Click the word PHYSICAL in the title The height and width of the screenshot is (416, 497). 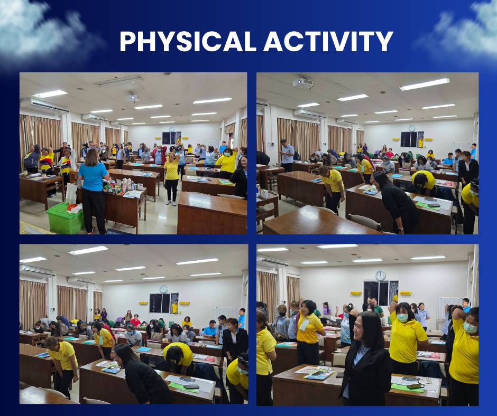(x=188, y=42)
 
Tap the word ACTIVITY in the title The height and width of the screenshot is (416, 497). (x=328, y=42)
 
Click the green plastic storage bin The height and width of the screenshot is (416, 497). (x=65, y=219)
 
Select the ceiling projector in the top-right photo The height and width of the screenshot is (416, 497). (x=303, y=83)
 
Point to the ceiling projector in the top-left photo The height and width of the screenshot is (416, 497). (x=132, y=97)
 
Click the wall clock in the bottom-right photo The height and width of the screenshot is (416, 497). (x=380, y=275)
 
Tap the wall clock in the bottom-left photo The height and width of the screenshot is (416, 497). (x=163, y=289)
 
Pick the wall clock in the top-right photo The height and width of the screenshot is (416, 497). (x=412, y=128)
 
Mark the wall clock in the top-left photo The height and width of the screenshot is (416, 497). (x=171, y=129)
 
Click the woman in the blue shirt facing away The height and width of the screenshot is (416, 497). (x=93, y=190)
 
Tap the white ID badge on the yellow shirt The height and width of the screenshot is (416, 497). (x=304, y=325)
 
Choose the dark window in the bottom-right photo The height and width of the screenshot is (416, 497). (x=381, y=293)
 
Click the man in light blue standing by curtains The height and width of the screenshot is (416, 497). (x=287, y=156)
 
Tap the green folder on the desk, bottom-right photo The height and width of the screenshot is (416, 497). (x=407, y=388)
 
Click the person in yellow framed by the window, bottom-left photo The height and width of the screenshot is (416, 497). (x=174, y=307)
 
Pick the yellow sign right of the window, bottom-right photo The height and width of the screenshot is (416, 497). (x=406, y=293)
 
